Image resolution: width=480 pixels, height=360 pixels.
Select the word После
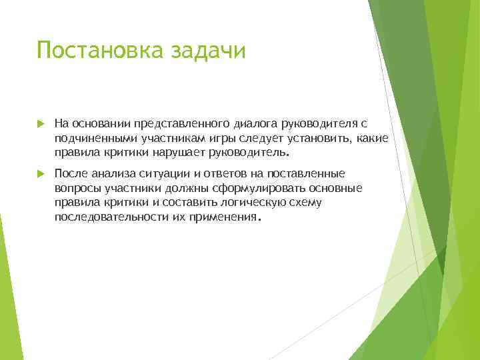click(x=70, y=173)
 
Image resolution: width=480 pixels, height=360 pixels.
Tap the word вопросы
click(x=76, y=188)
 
